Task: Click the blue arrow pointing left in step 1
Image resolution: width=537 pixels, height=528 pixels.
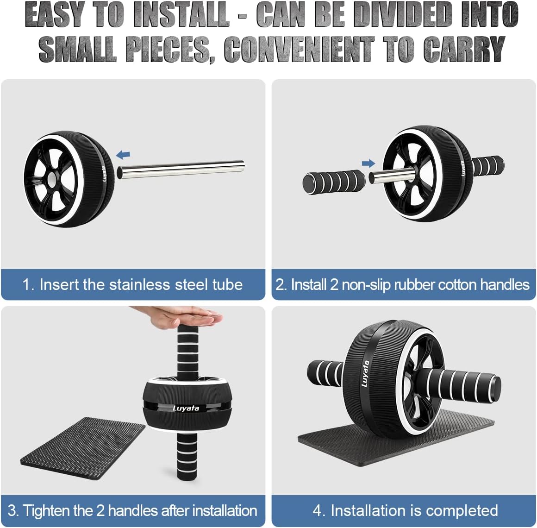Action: pyautogui.click(x=123, y=155)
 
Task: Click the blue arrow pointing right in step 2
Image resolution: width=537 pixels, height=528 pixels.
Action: pyautogui.click(x=368, y=163)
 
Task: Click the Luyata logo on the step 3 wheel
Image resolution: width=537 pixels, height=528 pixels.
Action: pyautogui.click(x=186, y=408)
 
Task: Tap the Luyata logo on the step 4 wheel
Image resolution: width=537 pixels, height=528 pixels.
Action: pyautogui.click(x=365, y=373)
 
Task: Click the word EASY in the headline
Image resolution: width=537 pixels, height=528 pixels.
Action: pyautogui.click(x=55, y=15)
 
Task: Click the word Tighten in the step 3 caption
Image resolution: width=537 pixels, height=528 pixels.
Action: pyautogui.click(x=44, y=510)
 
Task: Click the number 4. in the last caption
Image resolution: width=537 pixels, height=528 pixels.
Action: pyautogui.click(x=319, y=510)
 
